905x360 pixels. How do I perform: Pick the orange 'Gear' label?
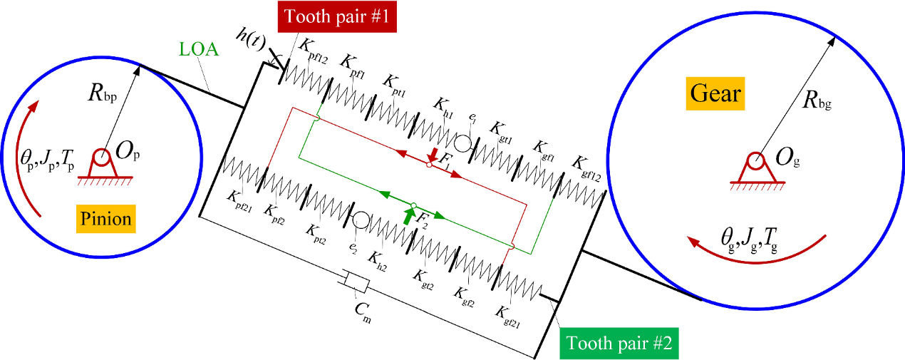(716, 93)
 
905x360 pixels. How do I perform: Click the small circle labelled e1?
(462, 143)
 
